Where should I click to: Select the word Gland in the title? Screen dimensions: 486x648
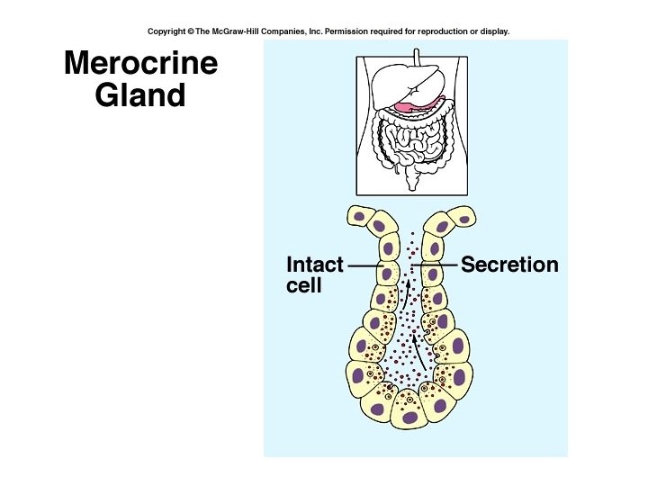coord(140,95)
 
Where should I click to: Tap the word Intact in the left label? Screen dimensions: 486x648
coord(314,265)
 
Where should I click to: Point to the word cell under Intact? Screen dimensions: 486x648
coord(303,286)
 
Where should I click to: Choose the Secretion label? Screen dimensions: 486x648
coord(509,265)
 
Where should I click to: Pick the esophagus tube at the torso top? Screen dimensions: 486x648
coord(416,59)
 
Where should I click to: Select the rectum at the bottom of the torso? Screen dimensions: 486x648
coord(415,182)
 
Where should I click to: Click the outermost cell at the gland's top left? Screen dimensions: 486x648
coord(361,216)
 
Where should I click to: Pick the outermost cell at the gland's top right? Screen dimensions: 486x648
coord(464,216)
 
